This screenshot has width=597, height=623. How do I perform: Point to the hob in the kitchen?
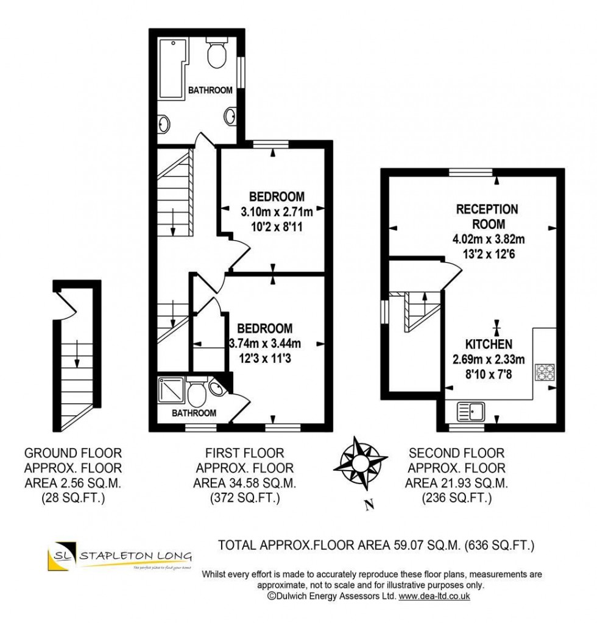(545, 372)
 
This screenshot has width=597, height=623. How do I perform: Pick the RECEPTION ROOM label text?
(487, 217)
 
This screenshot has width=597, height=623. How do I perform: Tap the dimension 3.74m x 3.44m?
(265, 342)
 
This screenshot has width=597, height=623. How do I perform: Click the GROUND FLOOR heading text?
(72, 453)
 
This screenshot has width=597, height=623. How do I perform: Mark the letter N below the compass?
(367, 504)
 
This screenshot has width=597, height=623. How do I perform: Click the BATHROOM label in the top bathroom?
(210, 90)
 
